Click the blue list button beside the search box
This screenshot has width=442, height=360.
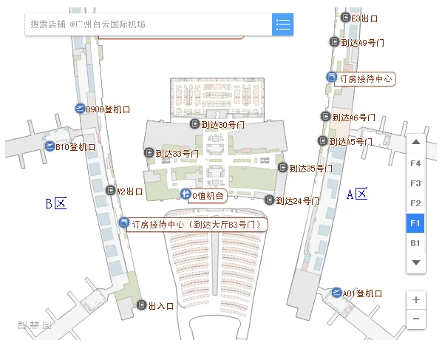[x=282, y=24]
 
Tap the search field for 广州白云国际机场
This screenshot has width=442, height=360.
[x=148, y=24]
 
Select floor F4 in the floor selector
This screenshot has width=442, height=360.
[x=415, y=163]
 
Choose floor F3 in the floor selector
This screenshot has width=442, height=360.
[x=415, y=183]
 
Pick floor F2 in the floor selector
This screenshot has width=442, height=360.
[x=415, y=203]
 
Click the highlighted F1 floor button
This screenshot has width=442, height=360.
[x=415, y=223]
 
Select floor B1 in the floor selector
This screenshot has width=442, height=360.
[x=415, y=242]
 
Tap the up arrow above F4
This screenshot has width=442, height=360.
[x=415, y=142]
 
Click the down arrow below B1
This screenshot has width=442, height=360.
[x=415, y=262]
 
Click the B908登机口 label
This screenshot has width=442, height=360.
[x=108, y=109]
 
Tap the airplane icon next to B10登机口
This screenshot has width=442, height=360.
[x=50, y=146]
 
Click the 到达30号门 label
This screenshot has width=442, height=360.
[x=222, y=125]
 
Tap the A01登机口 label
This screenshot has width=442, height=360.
[x=362, y=293]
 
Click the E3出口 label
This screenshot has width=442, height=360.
[x=364, y=18]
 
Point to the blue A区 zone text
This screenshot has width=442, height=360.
[x=357, y=194]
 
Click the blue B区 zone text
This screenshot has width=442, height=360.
[x=55, y=203]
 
